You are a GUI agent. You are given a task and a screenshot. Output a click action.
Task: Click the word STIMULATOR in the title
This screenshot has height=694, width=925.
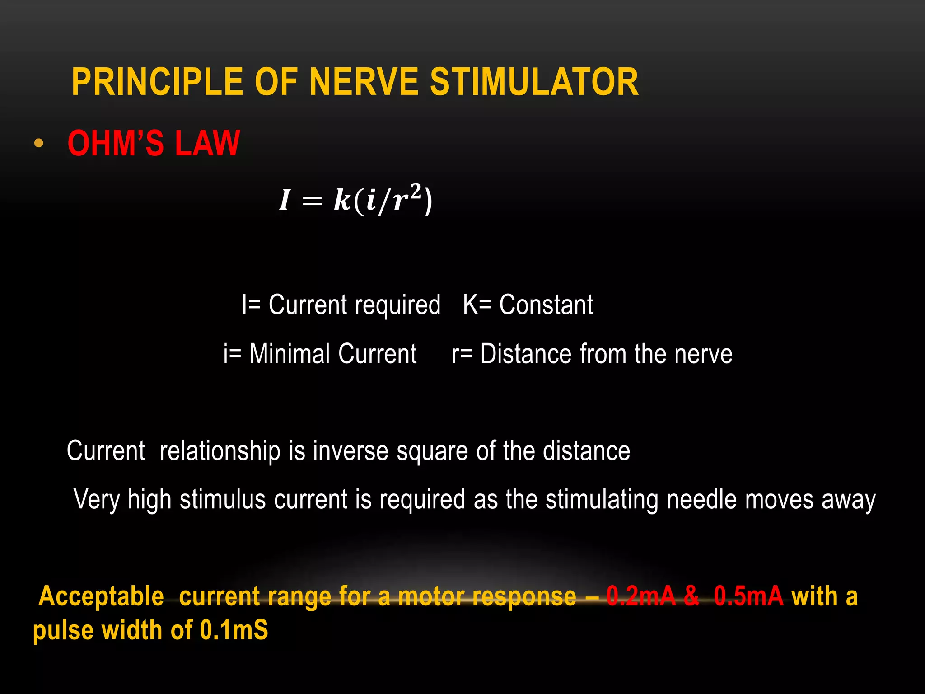pos(534,82)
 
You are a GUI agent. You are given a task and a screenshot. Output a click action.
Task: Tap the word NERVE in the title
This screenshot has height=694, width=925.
pos(364,82)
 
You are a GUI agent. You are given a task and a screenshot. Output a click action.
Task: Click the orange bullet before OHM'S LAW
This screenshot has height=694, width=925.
pos(39,143)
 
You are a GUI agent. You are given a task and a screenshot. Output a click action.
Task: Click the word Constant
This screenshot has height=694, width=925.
pos(546,305)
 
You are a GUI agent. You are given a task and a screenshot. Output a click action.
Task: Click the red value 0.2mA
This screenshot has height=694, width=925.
pos(641,596)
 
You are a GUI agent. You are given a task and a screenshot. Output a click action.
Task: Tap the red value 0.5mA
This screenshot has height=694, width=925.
pos(748,596)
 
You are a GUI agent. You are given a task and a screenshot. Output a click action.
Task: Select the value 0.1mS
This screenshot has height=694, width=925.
pos(234,630)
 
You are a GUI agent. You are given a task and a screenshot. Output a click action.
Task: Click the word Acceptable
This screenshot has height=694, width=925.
pos(101,596)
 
